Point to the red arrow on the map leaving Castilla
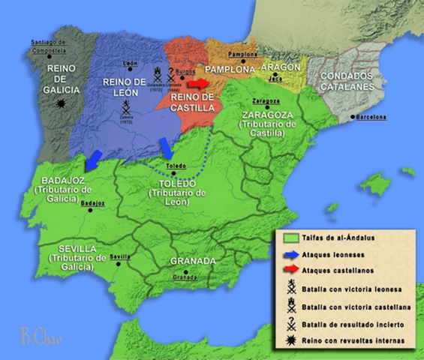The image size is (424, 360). [199, 83]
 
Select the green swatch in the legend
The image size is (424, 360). [287, 239]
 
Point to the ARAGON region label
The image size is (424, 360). [282, 67]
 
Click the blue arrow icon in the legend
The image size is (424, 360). [287, 255]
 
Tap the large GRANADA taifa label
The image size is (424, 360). [193, 261]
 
